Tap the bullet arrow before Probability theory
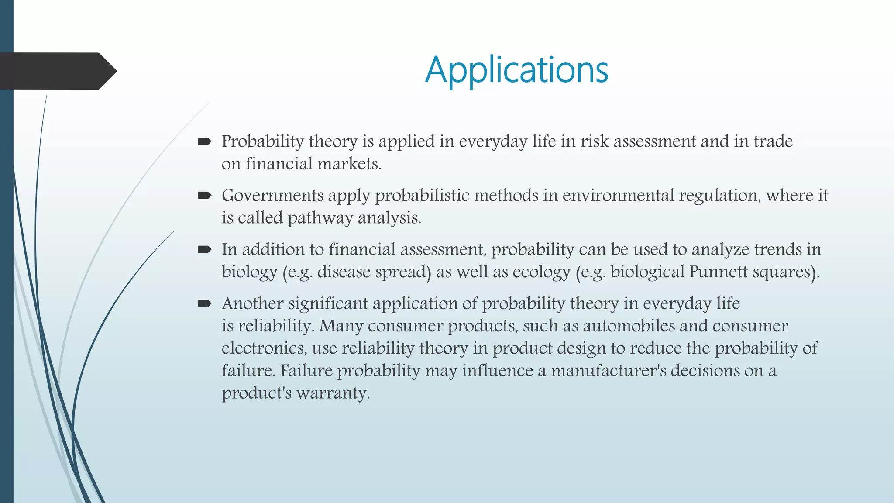(204, 141)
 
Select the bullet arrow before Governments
(204, 195)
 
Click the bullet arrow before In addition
(204, 249)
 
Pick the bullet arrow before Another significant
(204, 303)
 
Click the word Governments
(272, 195)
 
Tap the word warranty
(333, 393)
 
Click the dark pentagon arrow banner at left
(57, 71)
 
